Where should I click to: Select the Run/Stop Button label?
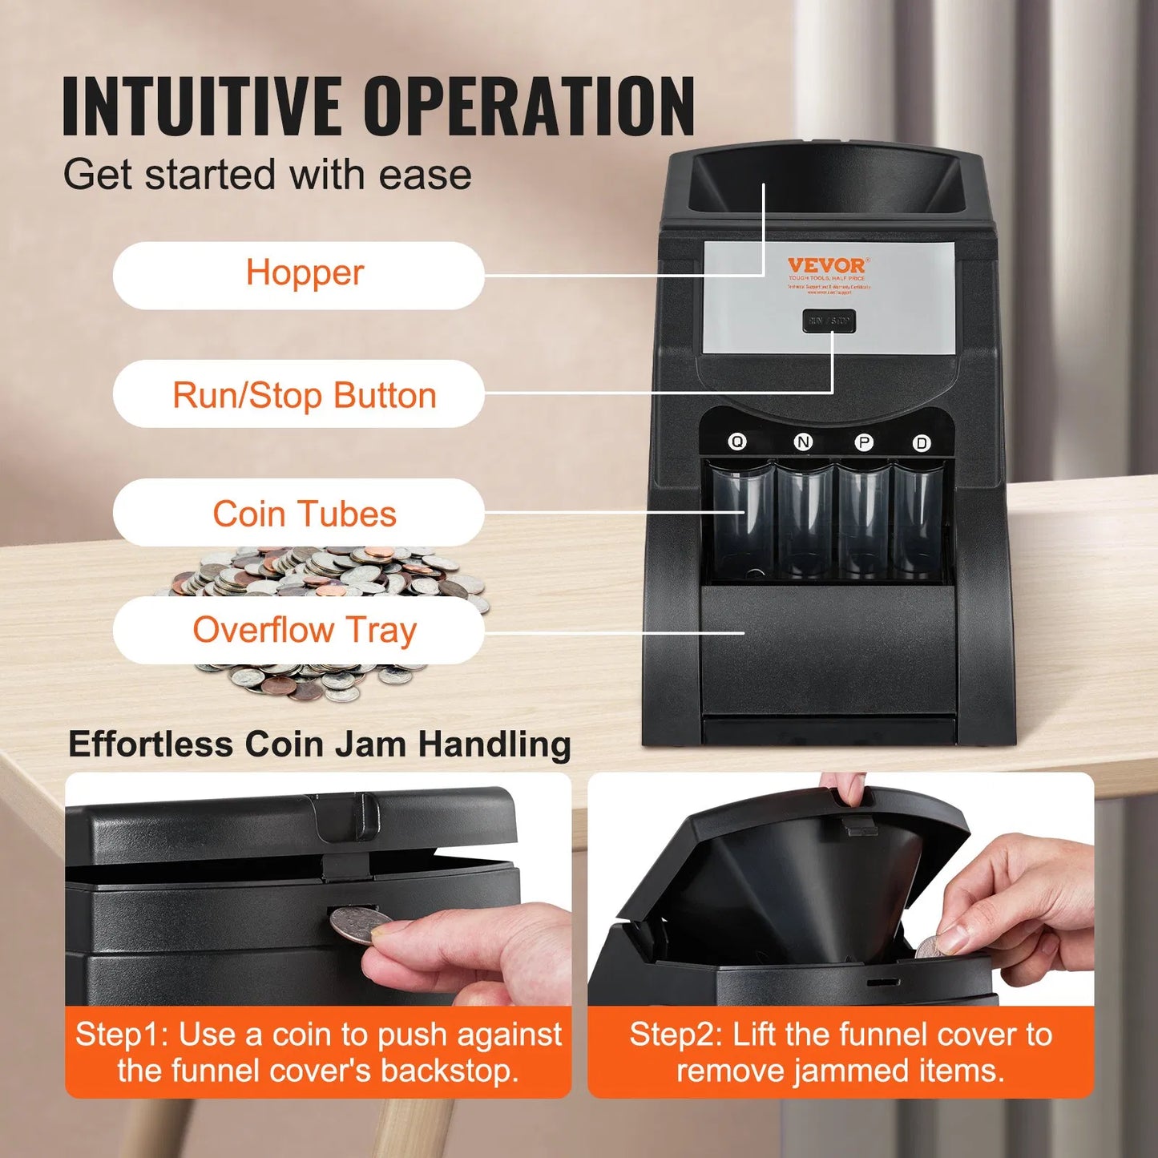(x=305, y=395)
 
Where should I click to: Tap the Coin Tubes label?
(x=305, y=514)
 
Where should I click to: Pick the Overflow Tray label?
(x=305, y=630)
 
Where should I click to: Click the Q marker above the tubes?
(x=736, y=442)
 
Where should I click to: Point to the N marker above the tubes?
(x=803, y=442)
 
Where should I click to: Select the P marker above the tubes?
(x=864, y=442)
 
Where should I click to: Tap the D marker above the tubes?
(x=922, y=443)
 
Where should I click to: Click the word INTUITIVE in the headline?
(x=201, y=107)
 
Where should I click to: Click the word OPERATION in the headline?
(x=530, y=107)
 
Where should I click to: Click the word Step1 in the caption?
(x=121, y=1035)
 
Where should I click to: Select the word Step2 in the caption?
(x=676, y=1035)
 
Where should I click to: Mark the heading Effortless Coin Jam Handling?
(x=319, y=744)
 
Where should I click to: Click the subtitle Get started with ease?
(x=267, y=175)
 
